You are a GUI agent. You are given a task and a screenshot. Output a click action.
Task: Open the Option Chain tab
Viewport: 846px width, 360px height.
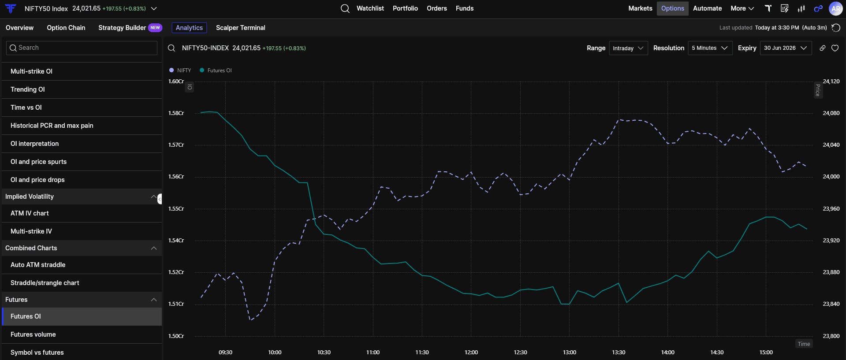[x=66, y=28]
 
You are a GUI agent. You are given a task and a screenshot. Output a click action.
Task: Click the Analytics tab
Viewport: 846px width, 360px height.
[x=189, y=28]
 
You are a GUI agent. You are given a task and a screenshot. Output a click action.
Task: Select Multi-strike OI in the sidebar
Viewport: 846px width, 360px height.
[x=31, y=71]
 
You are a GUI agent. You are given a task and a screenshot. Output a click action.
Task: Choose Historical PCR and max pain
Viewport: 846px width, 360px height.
[x=52, y=126]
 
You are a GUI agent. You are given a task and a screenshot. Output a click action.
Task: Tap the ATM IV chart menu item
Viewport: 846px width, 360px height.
[x=30, y=213]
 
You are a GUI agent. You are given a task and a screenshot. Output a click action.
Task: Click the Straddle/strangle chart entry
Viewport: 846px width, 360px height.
[x=45, y=283]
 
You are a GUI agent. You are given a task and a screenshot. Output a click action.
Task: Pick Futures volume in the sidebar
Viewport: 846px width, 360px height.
[x=33, y=334]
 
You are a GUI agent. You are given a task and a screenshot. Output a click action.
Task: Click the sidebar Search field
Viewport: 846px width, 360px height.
[x=82, y=48]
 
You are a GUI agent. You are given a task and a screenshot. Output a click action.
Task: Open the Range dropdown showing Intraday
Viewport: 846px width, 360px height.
[x=628, y=48]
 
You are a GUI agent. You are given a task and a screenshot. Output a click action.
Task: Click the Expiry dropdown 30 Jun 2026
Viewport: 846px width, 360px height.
[x=786, y=48]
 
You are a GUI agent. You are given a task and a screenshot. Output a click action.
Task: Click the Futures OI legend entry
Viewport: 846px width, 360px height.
[x=216, y=71]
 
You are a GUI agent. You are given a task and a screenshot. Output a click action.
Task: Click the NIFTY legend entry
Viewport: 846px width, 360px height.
[x=180, y=71]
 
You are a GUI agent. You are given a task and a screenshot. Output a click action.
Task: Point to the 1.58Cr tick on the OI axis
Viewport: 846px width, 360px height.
[x=176, y=113]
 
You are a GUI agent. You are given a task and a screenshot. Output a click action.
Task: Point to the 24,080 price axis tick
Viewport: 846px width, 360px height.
[x=831, y=113]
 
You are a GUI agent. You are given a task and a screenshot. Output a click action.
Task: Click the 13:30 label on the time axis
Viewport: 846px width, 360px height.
[x=619, y=353]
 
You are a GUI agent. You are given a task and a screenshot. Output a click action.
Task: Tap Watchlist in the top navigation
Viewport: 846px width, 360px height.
[x=370, y=8]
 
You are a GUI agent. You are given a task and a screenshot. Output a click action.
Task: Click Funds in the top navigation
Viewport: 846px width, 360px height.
[x=465, y=8]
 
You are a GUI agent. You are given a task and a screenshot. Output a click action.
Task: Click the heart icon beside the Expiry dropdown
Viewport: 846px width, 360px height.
[x=835, y=48]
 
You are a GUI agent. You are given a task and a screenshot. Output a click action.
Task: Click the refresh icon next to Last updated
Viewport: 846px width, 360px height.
[x=836, y=28]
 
